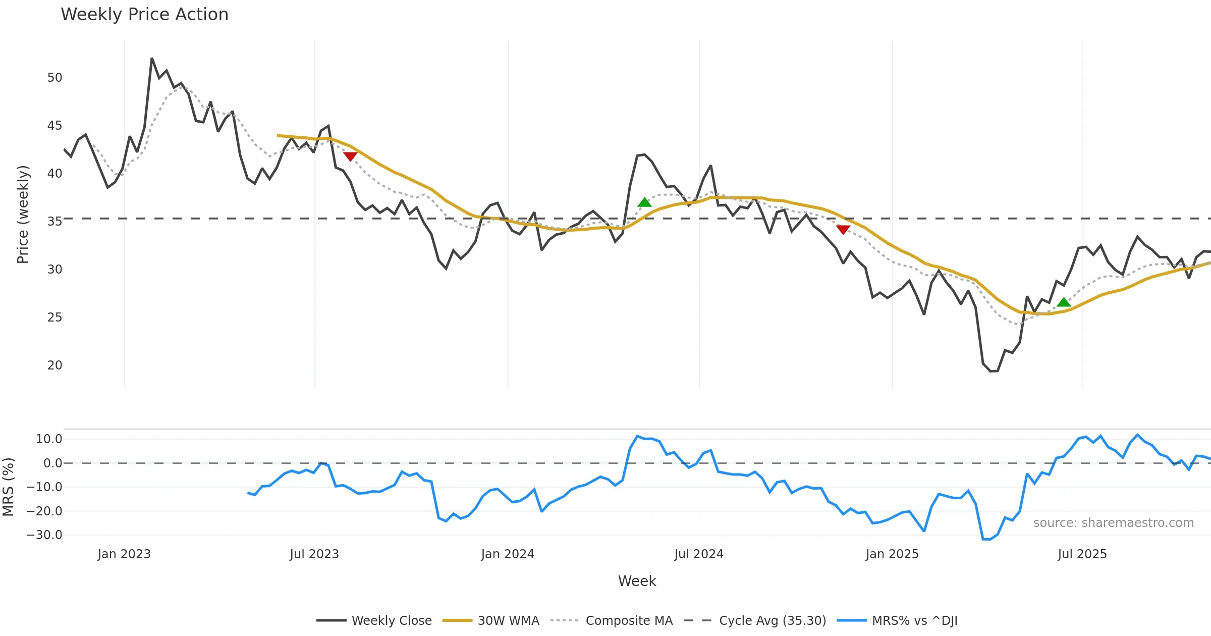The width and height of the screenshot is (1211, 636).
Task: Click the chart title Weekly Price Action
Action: tap(144, 15)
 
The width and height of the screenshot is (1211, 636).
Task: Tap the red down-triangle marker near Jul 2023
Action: tap(350, 156)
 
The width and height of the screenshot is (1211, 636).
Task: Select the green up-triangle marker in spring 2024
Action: tap(644, 202)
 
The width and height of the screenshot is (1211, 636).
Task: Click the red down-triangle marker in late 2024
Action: tap(843, 230)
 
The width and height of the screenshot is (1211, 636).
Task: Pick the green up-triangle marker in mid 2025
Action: tap(1064, 302)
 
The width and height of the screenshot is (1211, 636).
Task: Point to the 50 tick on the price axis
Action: tap(54, 78)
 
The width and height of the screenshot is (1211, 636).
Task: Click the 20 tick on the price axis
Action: tap(54, 365)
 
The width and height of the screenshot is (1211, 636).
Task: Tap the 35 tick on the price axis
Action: tap(54, 222)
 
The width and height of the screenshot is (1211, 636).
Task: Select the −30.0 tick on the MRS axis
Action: tap(44, 535)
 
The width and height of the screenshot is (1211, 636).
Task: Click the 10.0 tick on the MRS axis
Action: tap(49, 439)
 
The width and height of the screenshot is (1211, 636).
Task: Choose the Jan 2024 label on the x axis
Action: tap(507, 554)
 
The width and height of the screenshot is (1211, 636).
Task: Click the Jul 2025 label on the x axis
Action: tap(1082, 554)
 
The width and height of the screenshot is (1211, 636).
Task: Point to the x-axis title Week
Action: tap(637, 581)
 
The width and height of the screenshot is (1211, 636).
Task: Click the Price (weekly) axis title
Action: tap(23, 215)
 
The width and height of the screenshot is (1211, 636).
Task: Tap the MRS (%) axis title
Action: tap(8, 487)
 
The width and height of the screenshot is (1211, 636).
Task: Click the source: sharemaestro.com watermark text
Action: tap(1113, 523)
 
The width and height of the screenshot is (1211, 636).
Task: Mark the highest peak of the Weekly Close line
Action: tap(152, 59)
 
